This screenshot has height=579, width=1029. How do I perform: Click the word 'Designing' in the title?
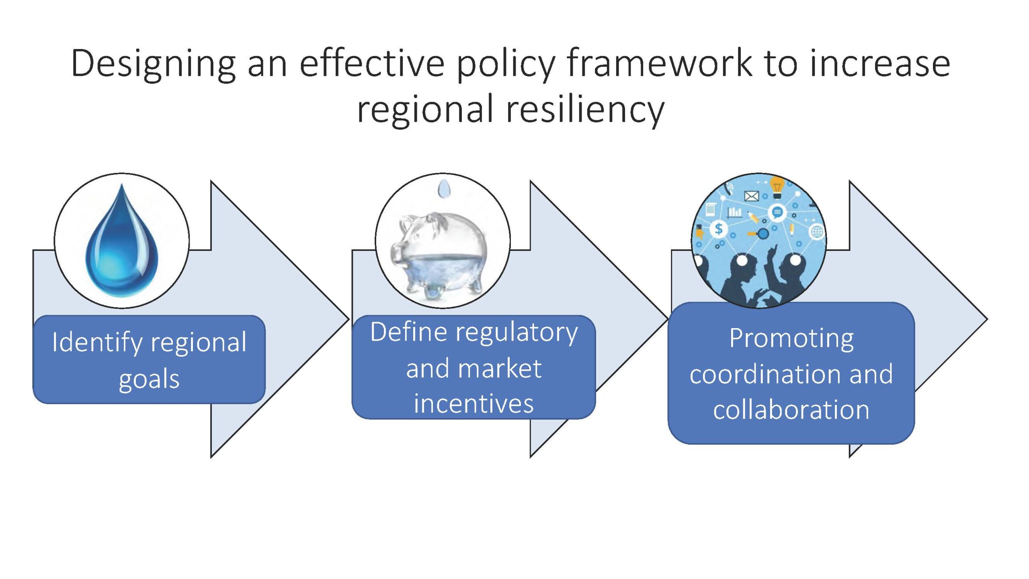(x=153, y=64)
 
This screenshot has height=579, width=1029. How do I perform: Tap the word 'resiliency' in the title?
(x=585, y=110)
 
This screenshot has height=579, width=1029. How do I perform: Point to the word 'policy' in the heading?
(x=506, y=64)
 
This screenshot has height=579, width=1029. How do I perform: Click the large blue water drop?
(x=122, y=241)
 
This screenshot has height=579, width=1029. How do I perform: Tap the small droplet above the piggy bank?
(x=443, y=188)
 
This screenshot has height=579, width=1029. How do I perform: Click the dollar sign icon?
(x=718, y=229)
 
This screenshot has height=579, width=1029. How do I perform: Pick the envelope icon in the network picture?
(x=751, y=196)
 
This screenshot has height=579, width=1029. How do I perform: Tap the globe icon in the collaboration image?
(x=817, y=232)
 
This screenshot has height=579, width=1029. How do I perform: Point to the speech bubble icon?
(x=777, y=211)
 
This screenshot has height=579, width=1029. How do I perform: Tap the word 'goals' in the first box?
(x=149, y=379)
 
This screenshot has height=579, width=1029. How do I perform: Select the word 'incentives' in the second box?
(x=474, y=404)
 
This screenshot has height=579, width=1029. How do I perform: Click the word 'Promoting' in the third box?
(x=791, y=339)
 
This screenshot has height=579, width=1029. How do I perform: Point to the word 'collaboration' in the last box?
(x=791, y=410)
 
